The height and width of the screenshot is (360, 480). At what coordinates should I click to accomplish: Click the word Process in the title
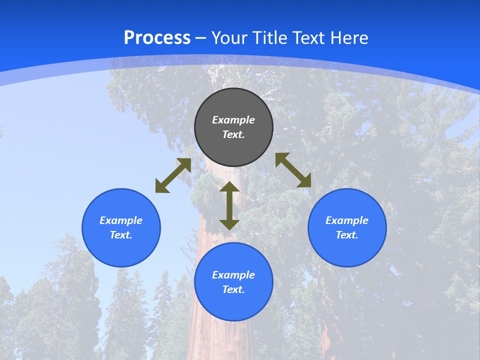tap(157, 38)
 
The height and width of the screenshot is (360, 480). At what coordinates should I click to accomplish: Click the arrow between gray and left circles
tap(173, 175)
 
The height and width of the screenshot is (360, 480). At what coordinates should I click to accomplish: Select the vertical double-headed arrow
tap(229, 205)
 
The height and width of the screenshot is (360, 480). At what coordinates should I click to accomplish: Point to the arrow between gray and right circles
tap(293, 170)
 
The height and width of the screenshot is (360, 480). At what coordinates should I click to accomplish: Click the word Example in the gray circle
tap(233, 120)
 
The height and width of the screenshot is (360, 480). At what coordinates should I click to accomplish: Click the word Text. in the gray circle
tap(233, 134)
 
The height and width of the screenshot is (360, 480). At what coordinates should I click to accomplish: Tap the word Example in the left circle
tap(121, 220)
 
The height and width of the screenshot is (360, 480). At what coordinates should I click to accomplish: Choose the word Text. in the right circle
tap(347, 235)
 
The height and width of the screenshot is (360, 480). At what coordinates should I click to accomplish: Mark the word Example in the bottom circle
tap(233, 275)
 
